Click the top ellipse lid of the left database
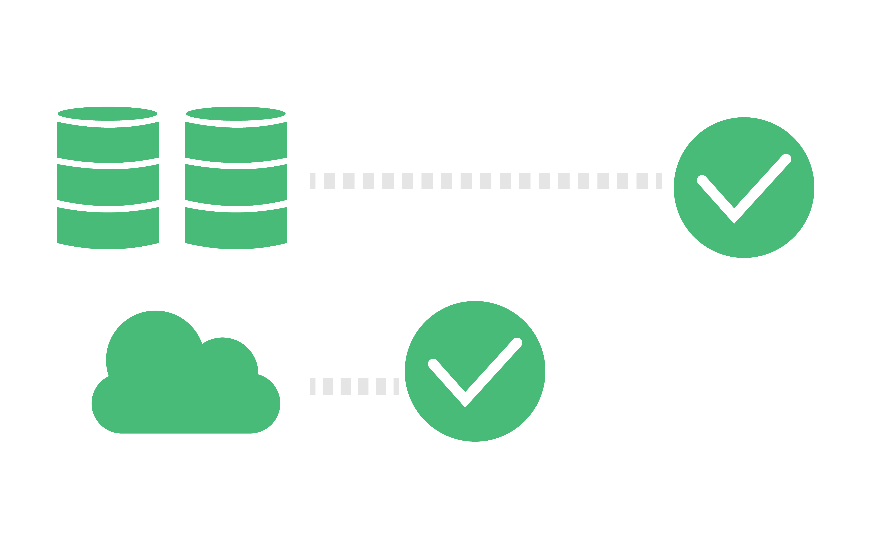click(108, 113)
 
